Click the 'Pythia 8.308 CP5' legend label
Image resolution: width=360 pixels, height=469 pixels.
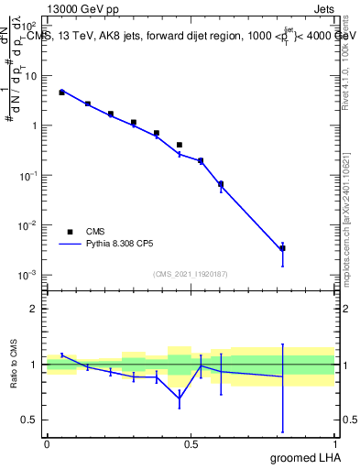click(x=131, y=245)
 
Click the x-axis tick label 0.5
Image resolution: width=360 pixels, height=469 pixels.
click(x=190, y=443)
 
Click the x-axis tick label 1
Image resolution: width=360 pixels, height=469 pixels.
click(x=333, y=443)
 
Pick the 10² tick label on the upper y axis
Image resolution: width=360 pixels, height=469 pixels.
click(x=30, y=27)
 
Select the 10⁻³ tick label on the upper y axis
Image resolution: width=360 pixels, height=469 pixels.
click(x=30, y=275)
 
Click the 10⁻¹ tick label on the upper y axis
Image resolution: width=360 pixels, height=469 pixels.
click(x=30, y=175)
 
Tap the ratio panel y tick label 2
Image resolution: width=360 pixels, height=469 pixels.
click(x=35, y=309)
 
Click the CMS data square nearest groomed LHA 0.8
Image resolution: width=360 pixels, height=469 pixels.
click(x=282, y=248)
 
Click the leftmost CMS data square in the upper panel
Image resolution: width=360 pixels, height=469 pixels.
click(x=61, y=93)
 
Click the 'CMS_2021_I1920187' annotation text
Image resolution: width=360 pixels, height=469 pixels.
click(x=190, y=273)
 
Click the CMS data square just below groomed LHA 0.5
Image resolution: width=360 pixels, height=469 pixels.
click(x=180, y=145)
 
